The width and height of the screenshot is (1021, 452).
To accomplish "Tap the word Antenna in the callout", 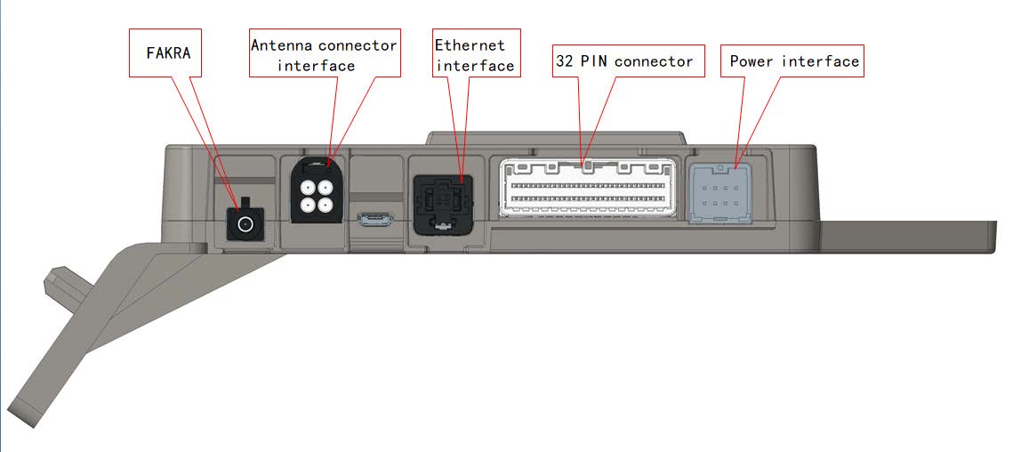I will (278, 44).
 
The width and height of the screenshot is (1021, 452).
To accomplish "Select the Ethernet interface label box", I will (474, 55).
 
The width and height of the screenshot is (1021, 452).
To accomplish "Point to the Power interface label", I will (793, 61).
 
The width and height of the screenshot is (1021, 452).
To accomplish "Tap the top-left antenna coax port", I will (309, 189).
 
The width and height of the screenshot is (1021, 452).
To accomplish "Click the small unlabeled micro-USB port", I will (376, 218).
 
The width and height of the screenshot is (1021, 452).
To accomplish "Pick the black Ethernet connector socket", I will (441, 204).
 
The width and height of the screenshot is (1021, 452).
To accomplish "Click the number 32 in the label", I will (566, 61).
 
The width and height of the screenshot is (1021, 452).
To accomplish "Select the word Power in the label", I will (752, 61).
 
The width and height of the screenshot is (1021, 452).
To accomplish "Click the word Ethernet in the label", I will (469, 44).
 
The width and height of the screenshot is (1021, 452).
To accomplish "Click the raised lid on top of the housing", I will (557, 138).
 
